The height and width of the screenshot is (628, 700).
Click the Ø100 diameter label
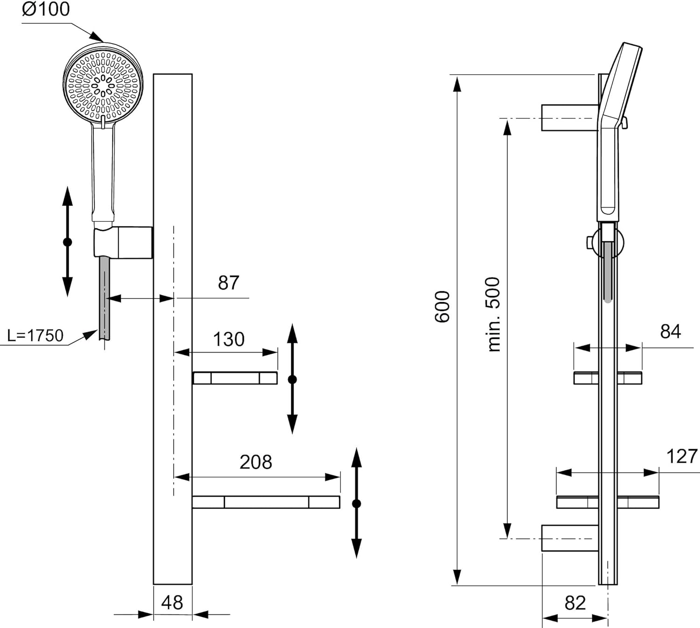click(x=46, y=9)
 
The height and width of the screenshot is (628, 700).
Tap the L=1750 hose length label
click(x=35, y=335)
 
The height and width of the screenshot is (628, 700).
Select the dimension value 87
click(x=228, y=282)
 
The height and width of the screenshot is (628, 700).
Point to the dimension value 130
click(x=229, y=339)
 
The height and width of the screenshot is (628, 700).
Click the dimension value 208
click(x=256, y=462)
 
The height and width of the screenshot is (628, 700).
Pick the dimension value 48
click(x=172, y=603)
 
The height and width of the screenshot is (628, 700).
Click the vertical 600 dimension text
click(x=442, y=307)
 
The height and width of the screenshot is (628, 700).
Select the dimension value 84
click(x=670, y=332)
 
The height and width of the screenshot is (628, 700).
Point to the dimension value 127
click(x=682, y=456)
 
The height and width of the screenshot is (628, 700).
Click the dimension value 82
click(x=575, y=603)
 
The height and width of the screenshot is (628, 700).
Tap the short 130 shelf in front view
click(x=235, y=378)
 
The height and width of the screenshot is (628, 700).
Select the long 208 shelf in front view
click(x=266, y=502)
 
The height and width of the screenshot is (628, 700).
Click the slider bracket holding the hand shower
click(x=123, y=242)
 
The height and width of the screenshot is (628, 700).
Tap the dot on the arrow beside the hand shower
click(x=67, y=242)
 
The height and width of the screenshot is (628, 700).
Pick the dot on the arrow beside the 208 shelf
click(x=356, y=503)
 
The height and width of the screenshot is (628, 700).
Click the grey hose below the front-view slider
click(x=105, y=299)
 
